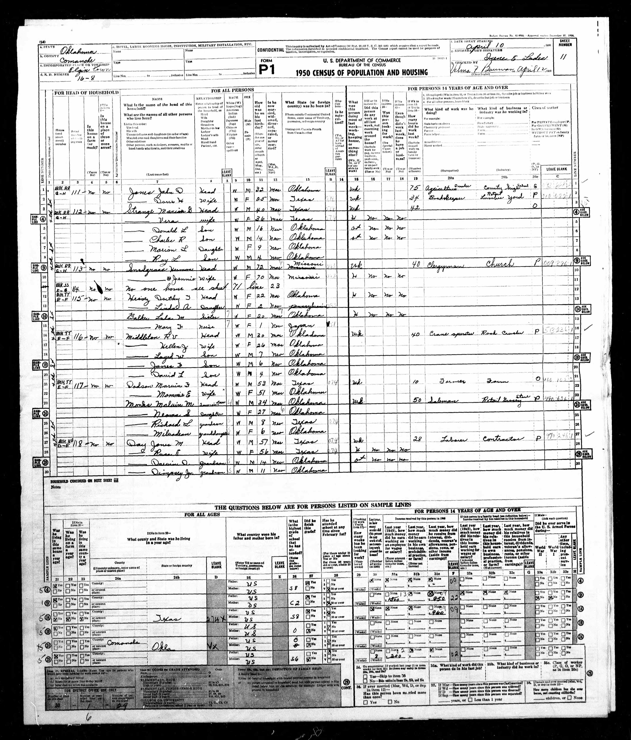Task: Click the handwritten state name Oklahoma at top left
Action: pyautogui.click(x=77, y=52)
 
